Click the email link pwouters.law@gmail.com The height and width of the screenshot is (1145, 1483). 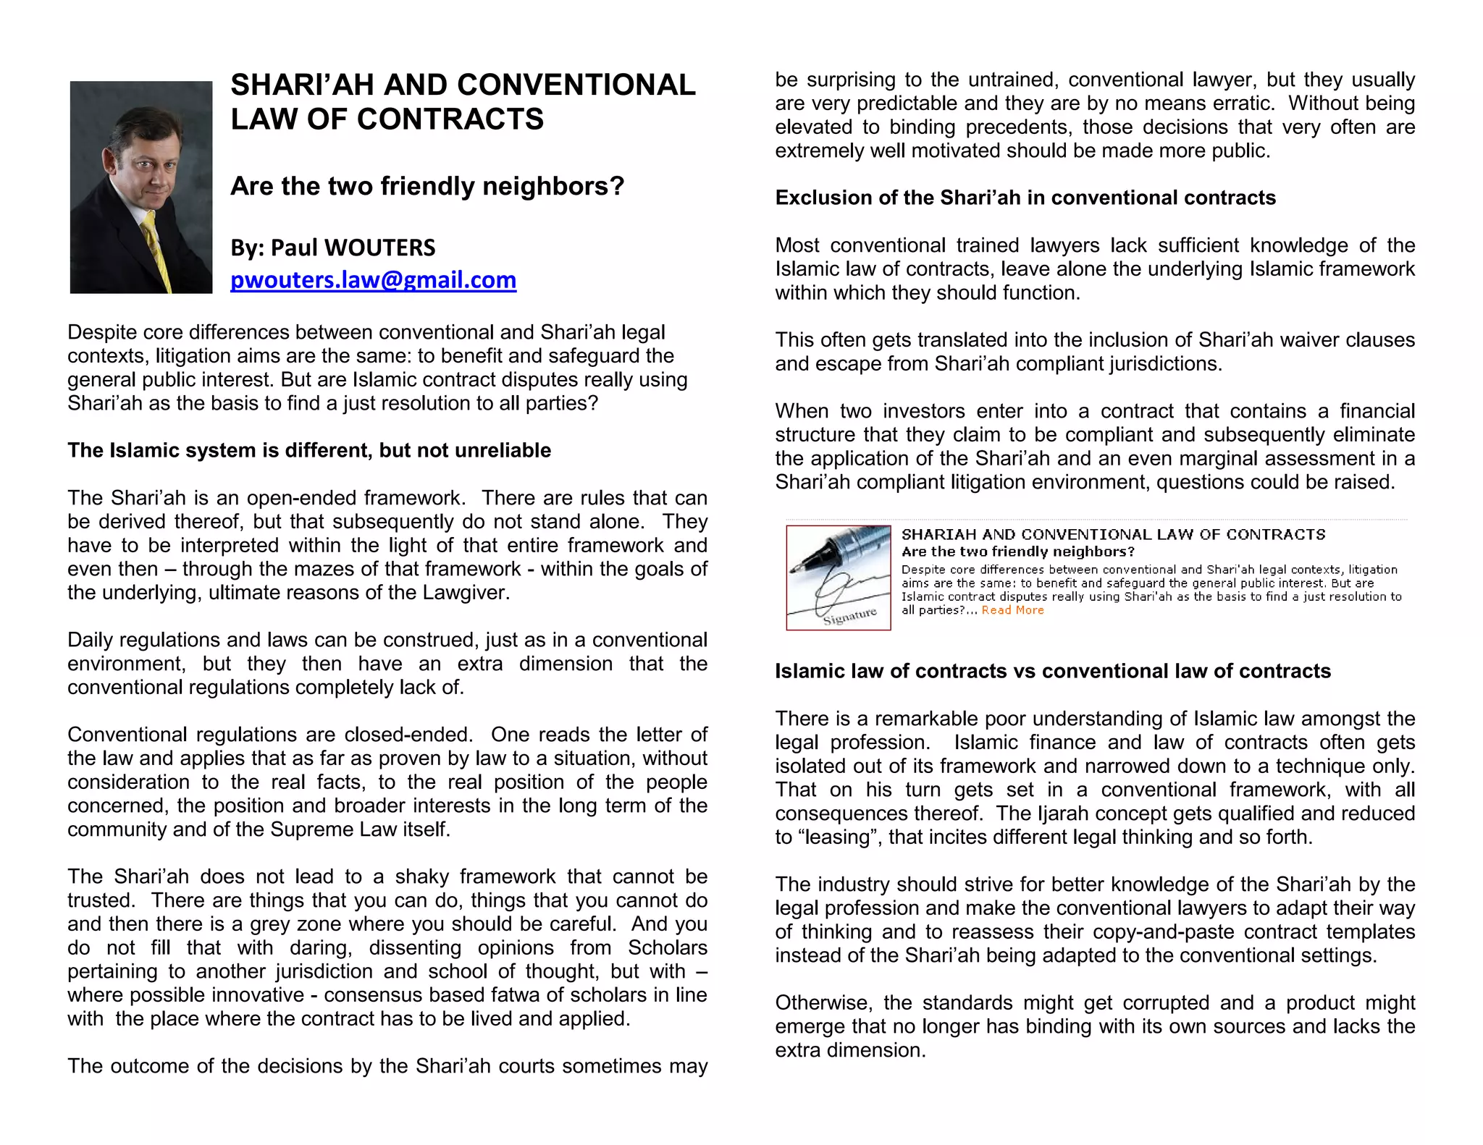(x=373, y=280)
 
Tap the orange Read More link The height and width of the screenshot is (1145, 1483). (x=1012, y=610)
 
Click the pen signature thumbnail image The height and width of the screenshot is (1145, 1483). (x=839, y=578)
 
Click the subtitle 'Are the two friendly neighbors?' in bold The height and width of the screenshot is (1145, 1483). (x=427, y=187)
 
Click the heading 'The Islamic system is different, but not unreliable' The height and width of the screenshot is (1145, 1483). (x=309, y=450)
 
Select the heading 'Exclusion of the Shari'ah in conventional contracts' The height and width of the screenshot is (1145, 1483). (x=1025, y=198)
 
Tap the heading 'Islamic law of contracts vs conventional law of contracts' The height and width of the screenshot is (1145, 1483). (x=1053, y=671)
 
